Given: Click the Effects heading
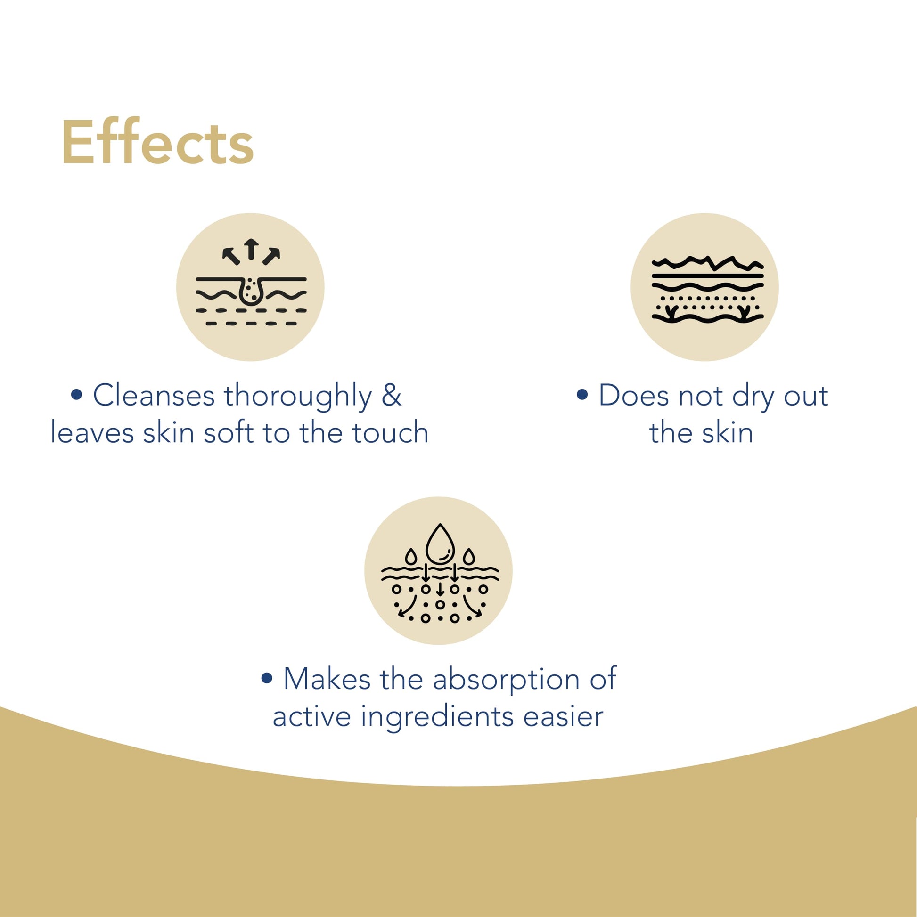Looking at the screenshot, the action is tap(157, 142).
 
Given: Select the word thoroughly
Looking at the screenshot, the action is tap(298, 396).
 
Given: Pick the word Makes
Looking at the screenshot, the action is tap(327, 679).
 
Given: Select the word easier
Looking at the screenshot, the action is tap(563, 716).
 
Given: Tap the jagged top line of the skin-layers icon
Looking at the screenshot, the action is tap(707, 263).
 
